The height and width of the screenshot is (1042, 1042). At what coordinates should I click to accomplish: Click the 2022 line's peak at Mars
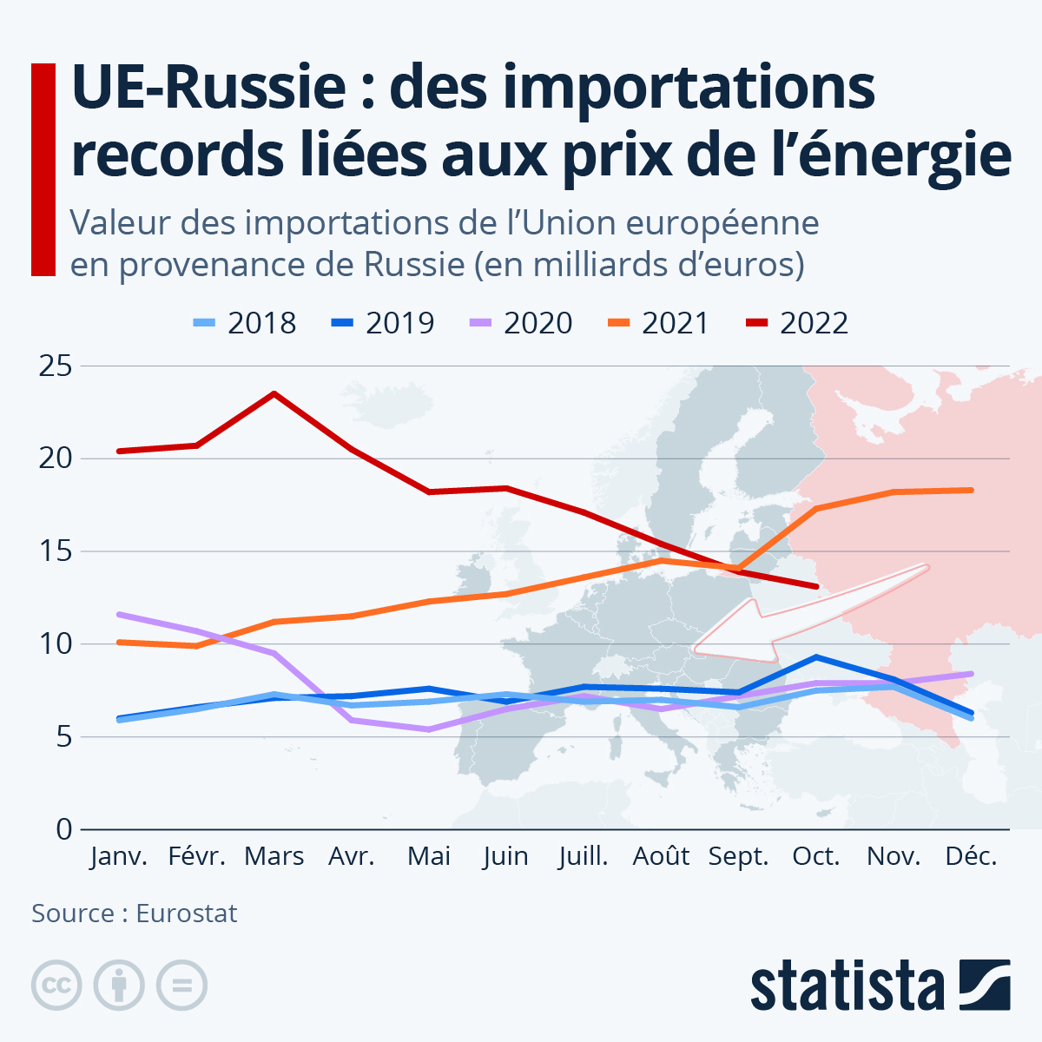point(274,394)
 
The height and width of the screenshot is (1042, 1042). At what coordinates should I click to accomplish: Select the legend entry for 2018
point(245,323)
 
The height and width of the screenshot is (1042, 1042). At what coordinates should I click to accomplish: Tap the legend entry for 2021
point(659,323)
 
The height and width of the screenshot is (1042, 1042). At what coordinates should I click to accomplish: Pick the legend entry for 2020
point(521,323)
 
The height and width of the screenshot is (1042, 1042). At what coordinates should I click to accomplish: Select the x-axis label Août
point(661,856)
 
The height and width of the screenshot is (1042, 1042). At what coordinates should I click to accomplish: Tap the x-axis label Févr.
point(197,856)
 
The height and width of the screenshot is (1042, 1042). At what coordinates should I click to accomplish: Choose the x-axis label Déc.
point(971,856)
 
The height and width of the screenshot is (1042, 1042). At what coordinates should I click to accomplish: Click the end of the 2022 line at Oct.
point(816,587)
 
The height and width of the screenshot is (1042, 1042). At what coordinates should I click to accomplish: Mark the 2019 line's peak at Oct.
point(816,656)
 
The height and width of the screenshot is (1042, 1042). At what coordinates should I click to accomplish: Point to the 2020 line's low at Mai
point(429,729)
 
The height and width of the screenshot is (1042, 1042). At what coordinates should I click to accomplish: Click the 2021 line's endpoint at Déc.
point(971,491)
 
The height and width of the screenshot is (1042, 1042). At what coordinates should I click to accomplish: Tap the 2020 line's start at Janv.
point(120,615)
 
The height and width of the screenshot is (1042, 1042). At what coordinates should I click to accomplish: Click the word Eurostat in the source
point(186,913)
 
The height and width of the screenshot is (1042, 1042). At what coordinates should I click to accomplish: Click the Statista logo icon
point(985,985)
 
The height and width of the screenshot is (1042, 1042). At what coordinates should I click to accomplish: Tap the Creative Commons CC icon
point(56,986)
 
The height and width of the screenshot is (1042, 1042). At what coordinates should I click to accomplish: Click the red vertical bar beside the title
point(43,169)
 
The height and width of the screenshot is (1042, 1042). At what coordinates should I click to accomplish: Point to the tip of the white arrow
point(695,648)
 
